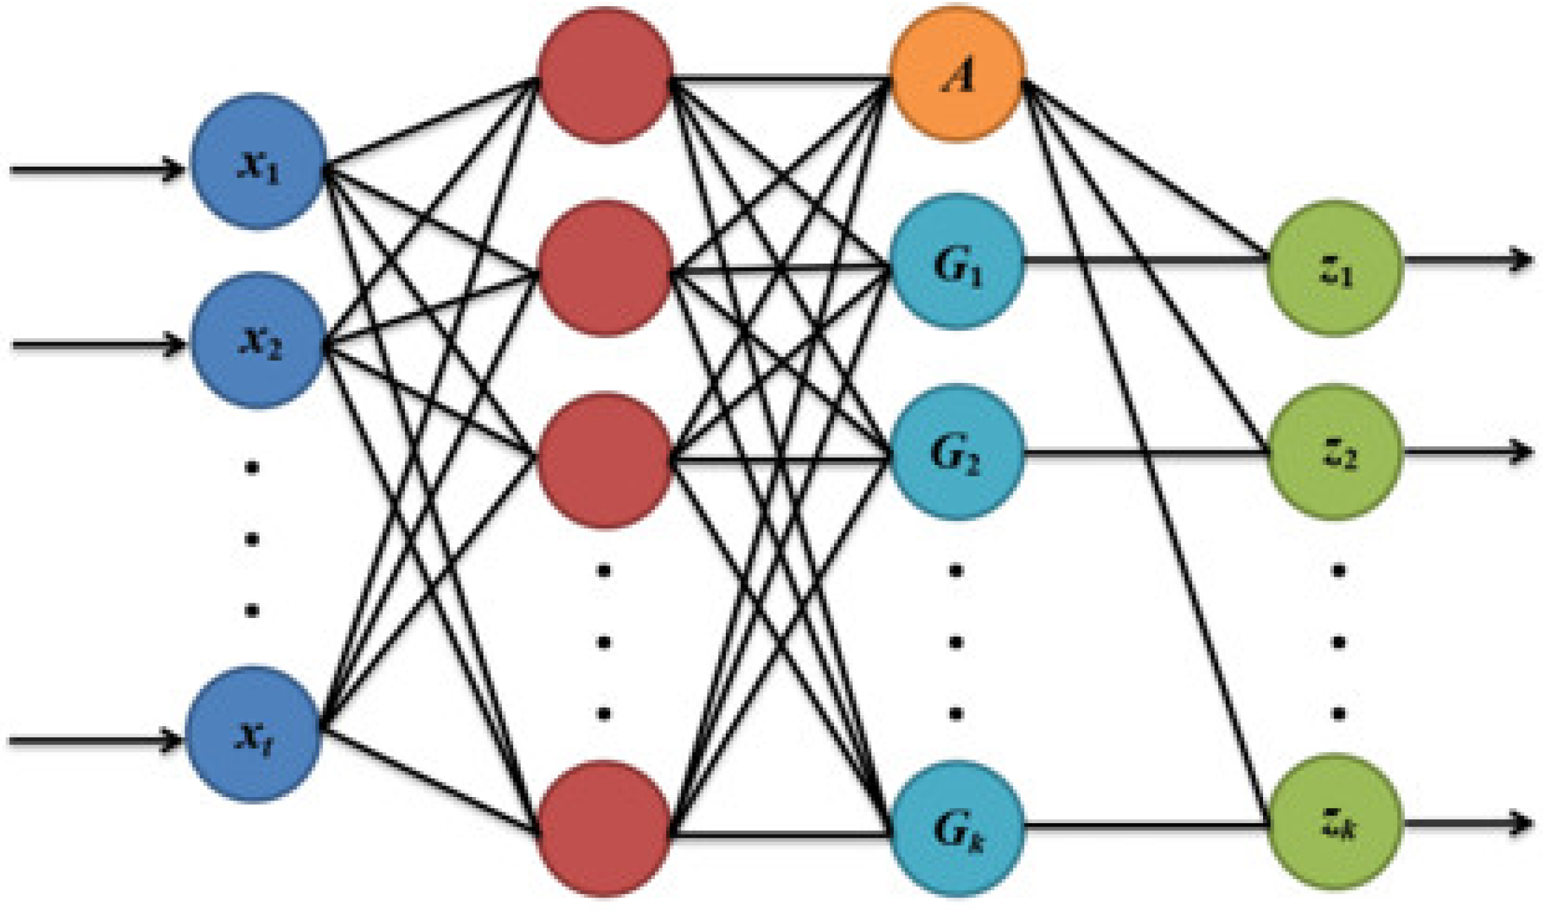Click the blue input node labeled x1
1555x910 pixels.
pyautogui.click(x=257, y=162)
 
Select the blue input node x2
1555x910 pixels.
pyautogui.click(x=257, y=340)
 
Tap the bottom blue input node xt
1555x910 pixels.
pyautogui.click(x=253, y=734)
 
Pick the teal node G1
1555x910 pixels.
pyautogui.click(x=957, y=262)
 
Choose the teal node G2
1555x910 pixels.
pyautogui.click(x=956, y=452)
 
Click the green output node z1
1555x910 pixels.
pyautogui.click(x=1336, y=269)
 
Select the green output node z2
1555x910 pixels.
pyautogui.click(x=1336, y=452)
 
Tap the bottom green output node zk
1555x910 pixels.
pyautogui.click(x=1336, y=824)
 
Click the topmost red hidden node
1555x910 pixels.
pyautogui.click(x=605, y=76)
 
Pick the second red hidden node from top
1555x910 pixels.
pyautogui.click(x=605, y=269)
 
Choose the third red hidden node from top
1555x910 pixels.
pyautogui.click(x=605, y=460)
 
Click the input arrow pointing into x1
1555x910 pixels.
pyautogui.click(x=96, y=168)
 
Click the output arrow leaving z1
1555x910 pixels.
pyautogui.click(x=1467, y=260)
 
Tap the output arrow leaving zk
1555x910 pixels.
pyautogui.click(x=1467, y=823)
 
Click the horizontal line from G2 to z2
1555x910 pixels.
pyautogui.click(x=1147, y=453)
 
